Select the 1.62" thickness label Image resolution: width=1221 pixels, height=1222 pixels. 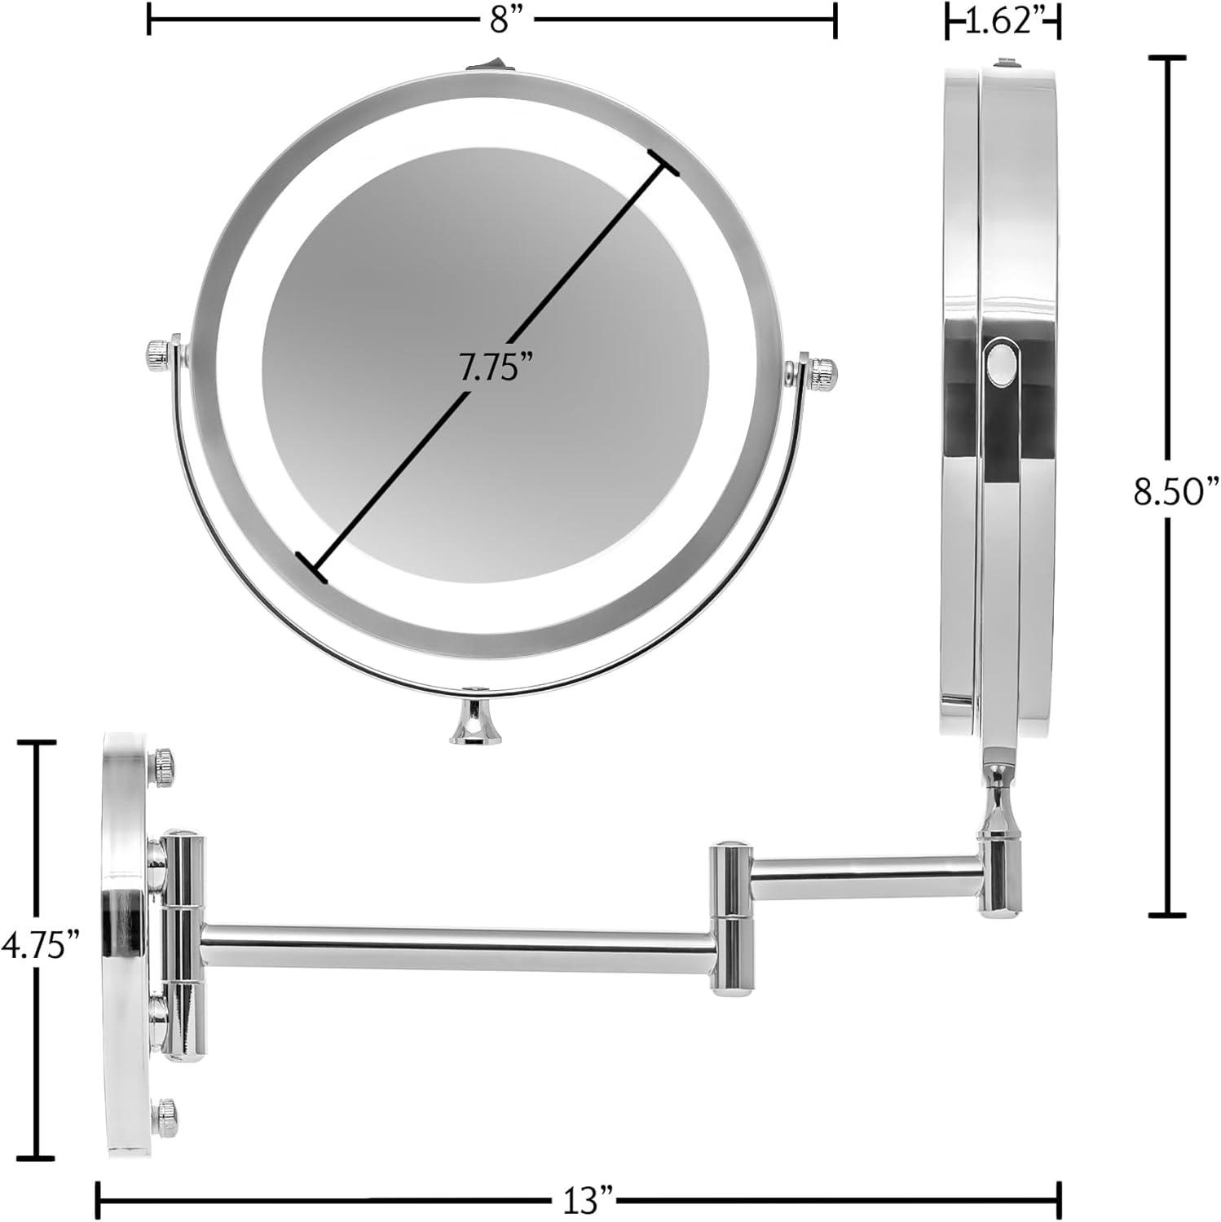1002,22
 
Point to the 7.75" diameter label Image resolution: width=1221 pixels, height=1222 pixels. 489,370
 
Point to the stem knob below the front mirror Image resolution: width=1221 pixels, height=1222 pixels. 475,723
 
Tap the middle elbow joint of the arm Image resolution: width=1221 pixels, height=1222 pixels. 730,919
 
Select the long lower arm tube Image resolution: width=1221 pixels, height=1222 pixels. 456,947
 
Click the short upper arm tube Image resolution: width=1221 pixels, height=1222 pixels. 864,877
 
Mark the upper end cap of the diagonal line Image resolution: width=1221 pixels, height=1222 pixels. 663,161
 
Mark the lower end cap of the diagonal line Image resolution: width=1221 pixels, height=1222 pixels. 311,566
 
